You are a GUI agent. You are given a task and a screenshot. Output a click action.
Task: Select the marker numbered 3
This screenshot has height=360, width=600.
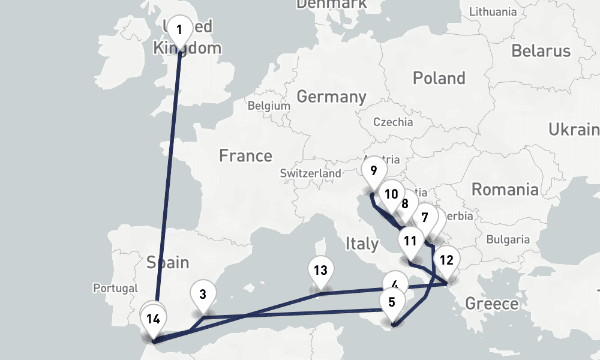pos(203,295)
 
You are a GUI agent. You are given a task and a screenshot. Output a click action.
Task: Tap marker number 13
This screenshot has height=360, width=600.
pos(320,270)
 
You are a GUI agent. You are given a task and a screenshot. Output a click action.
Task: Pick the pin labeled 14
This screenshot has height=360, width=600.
pos(154,319)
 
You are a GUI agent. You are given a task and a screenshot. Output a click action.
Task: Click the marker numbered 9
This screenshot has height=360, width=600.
pos(374,171)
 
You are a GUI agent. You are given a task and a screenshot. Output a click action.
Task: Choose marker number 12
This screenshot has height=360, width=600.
pos(446,260)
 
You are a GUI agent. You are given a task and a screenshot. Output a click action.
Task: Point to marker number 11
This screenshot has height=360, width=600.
pos(410,241)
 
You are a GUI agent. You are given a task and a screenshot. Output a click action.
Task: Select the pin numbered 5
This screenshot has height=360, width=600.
pos(392,302)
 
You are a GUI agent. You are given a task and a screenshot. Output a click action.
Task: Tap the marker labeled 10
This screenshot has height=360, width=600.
pos(391,194)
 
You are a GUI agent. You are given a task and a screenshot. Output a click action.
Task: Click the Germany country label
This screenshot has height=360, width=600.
pos(331,97)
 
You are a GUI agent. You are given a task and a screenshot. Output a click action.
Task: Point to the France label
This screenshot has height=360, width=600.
pos(245,156)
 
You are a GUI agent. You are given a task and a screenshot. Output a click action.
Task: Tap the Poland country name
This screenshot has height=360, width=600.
pos(439,78)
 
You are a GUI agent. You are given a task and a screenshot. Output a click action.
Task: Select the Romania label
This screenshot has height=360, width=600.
pos(505,190)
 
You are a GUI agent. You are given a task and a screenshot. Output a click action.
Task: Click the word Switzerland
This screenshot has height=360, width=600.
pos(310,173)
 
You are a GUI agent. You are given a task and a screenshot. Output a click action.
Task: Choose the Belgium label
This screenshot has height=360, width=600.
pos(269,106)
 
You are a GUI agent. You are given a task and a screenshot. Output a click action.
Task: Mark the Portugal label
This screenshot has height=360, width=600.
pos(115,289)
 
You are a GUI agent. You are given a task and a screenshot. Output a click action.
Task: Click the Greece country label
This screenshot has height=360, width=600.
pos(492,303)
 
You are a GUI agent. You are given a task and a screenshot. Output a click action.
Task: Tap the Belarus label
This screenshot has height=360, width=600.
pos(541,50)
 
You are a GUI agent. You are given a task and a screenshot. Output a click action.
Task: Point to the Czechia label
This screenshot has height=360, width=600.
pos(393,122)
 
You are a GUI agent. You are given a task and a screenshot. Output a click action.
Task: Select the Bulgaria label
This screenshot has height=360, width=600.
pos(508,239)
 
